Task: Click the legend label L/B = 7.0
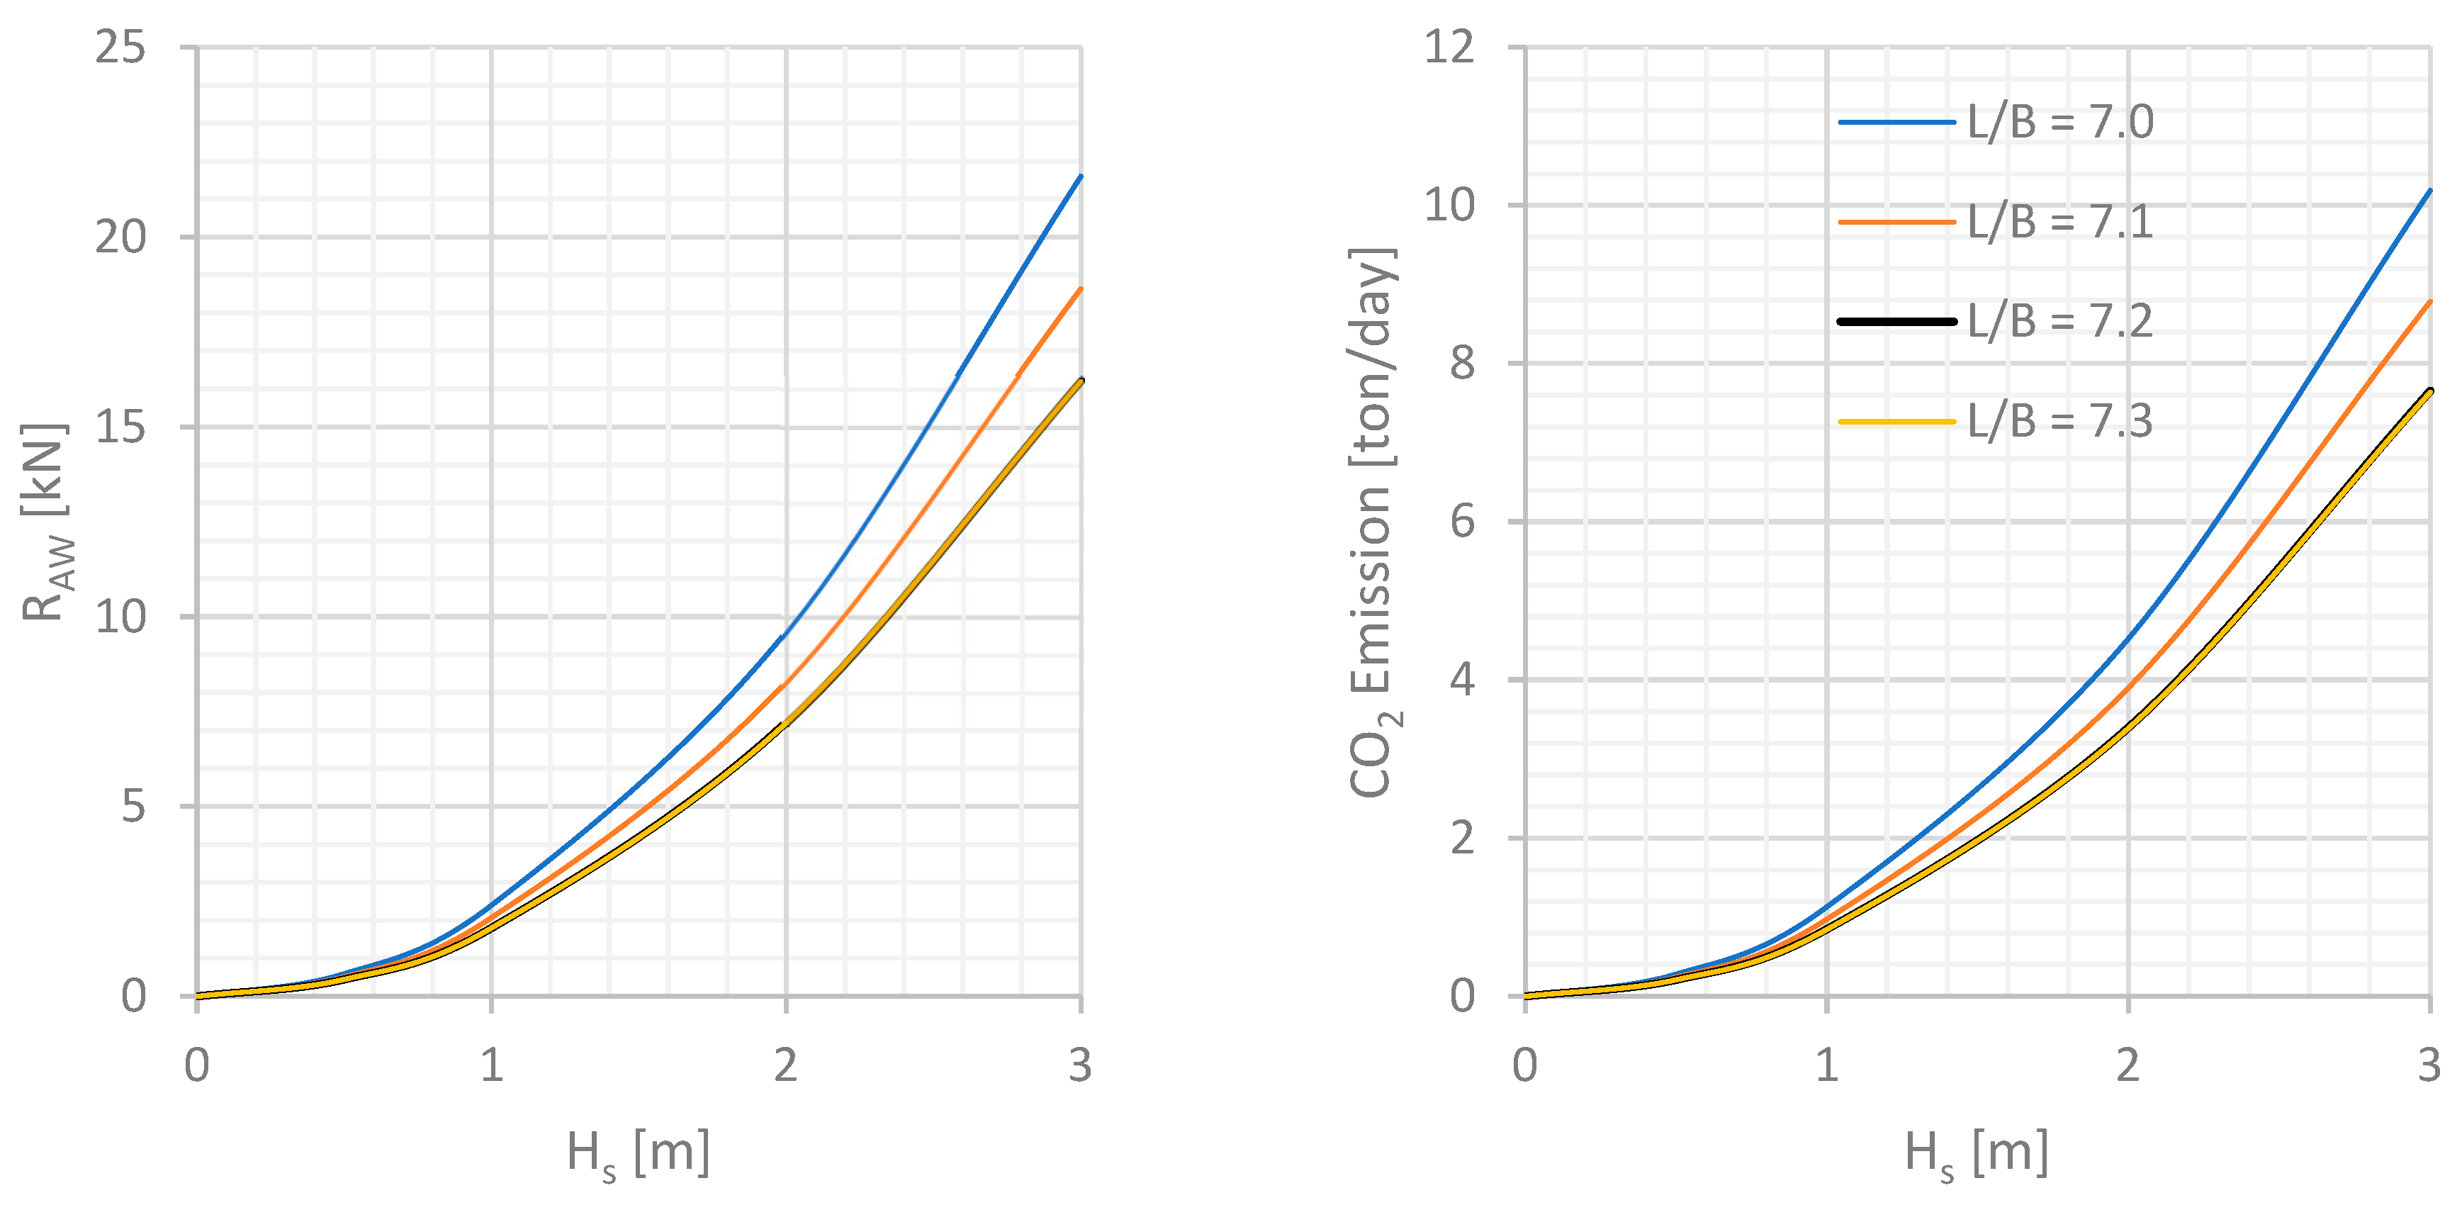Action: pos(2059,123)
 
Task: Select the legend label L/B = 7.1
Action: pos(2059,222)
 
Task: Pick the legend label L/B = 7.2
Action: pos(2059,321)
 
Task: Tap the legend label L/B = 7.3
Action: pos(2059,420)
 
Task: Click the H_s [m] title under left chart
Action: pos(638,1153)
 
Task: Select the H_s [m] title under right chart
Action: pos(1976,1153)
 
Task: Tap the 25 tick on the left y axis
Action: pos(120,47)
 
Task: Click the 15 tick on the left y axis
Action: pos(120,426)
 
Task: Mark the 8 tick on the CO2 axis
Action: pos(1462,363)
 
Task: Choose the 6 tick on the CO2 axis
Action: pos(1462,522)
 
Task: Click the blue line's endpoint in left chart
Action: pos(1080,176)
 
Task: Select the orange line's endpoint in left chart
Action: pos(1080,288)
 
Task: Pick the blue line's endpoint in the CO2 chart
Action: pos(2429,191)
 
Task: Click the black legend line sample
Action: pos(1896,321)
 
